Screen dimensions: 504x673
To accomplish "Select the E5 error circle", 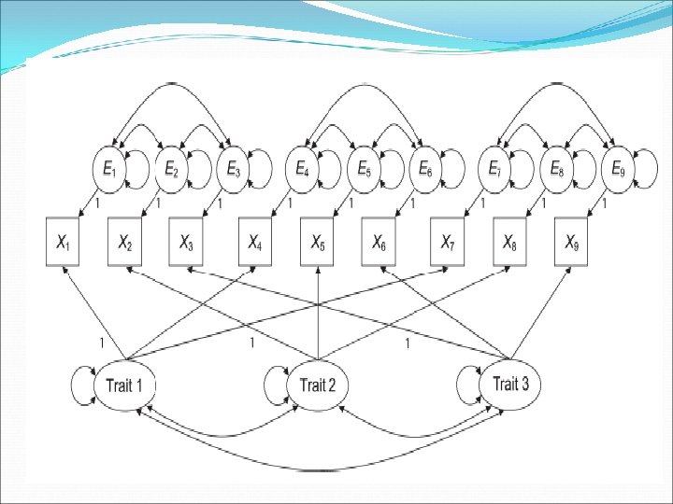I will [x=363, y=170].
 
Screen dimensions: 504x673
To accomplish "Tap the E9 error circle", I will [x=618, y=170].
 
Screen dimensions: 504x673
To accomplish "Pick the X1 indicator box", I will [x=63, y=243].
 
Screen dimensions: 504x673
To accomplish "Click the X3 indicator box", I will [x=187, y=243].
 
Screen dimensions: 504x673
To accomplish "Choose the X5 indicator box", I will [x=319, y=243].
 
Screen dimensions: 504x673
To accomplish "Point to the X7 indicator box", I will [x=449, y=243].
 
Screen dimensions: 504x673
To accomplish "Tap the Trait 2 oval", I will [x=319, y=384].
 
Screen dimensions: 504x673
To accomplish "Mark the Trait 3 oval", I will [x=510, y=383].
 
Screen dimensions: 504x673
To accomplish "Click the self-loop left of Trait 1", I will [x=82, y=385].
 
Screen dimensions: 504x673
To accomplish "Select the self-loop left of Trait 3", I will [x=467, y=384].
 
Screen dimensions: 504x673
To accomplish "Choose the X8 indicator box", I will [x=510, y=243].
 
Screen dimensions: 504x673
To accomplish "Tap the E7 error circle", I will [x=494, y=170].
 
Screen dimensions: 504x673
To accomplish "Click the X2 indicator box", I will [x=124, y=243].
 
